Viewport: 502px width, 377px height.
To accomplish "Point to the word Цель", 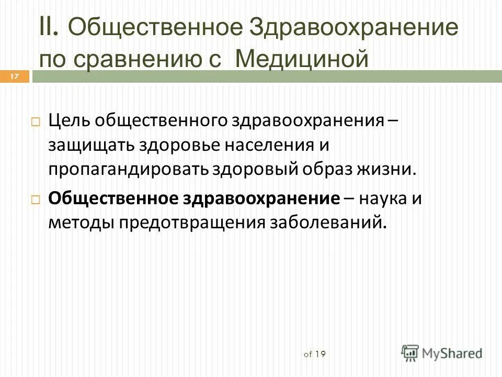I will click(69, 121).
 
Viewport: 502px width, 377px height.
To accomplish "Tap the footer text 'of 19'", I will click(314, 354).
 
